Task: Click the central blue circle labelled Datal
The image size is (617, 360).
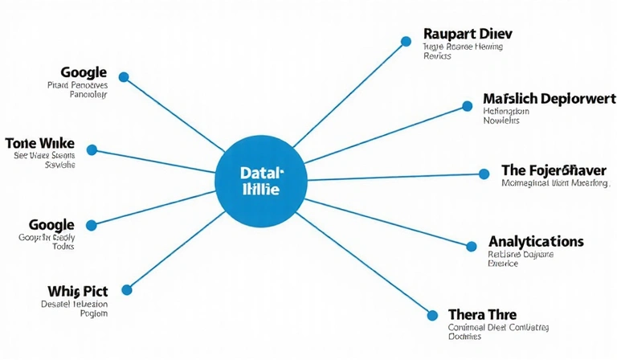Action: (x=261, y=181)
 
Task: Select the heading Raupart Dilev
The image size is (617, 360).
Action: (x=467, y=35)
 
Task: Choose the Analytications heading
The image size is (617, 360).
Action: (x=536, y=241)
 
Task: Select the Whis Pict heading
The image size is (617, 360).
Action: (x=73, y=290)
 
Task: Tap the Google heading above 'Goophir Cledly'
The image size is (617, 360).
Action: (x=51, y=224)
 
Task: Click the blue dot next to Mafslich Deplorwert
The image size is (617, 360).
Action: (x=468, y=105)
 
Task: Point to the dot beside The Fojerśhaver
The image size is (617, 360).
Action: (x=484, y=174)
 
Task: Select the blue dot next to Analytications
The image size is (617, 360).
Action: (x=472, y=243)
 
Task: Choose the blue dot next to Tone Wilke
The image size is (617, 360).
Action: (x=92, y=149)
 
